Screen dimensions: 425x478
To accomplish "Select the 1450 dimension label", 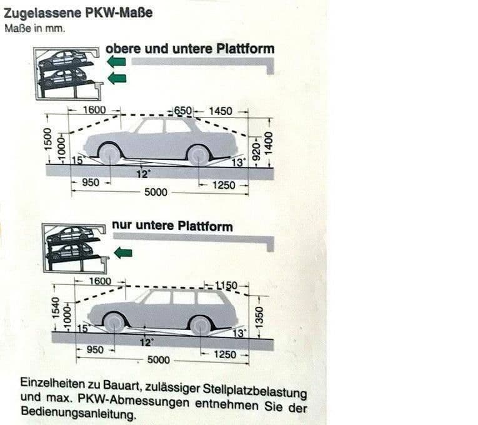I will click(220, 111).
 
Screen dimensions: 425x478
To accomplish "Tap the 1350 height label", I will click(261, 316).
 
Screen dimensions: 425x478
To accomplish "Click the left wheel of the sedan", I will click(109, 154).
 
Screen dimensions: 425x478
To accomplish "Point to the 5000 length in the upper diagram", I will click(156, 192).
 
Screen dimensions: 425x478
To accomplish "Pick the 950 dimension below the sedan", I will click(91, 182).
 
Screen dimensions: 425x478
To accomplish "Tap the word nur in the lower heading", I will click(122, 225).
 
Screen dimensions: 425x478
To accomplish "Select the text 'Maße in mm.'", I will click(34, 28).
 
